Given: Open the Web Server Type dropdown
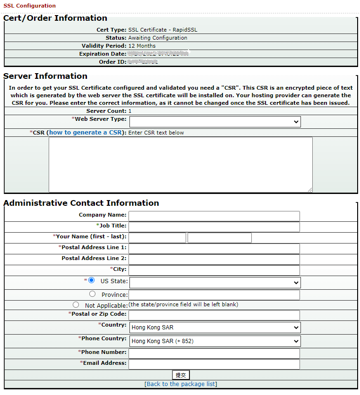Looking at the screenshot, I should click(214, 122).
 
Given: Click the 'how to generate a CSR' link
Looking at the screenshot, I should click(86, 133).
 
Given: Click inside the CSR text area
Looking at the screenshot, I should click(180, 164).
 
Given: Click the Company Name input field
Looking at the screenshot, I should click(214, 216).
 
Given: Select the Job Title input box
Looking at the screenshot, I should click(214, 227).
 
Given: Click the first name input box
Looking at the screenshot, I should click(157, 238).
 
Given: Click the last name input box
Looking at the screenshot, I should click(220, 238).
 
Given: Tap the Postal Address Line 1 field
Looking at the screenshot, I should click(214, 249).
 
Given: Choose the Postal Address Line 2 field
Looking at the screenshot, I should click(214, 259).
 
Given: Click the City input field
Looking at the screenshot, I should click(214, 270).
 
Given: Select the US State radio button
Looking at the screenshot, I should click(92, 280).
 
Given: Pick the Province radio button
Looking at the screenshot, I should click(92, 294).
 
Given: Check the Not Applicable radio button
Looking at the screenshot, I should click(76, 305).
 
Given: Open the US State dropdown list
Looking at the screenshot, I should click(214, 283).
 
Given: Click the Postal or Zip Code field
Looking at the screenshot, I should click(214, 315).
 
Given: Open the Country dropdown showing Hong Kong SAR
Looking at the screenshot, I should click(214, 327).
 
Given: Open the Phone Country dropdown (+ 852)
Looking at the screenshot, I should click(214, 341).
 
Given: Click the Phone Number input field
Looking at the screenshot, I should click(214, 353).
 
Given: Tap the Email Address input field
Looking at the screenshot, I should click(214, 364).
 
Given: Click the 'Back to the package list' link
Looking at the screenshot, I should click(181, 384).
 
